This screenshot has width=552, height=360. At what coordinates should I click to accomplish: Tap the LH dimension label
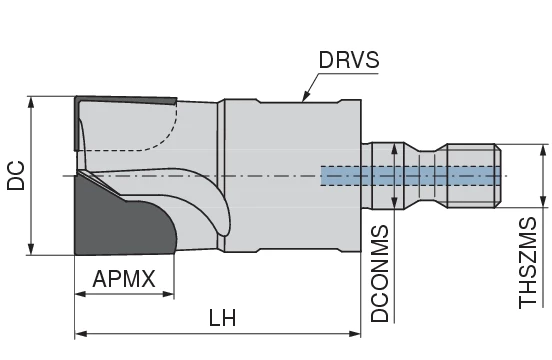coord(222,318)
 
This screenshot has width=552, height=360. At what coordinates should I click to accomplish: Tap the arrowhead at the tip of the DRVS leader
coord(301,99)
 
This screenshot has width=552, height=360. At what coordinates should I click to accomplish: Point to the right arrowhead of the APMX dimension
coord(172,295)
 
